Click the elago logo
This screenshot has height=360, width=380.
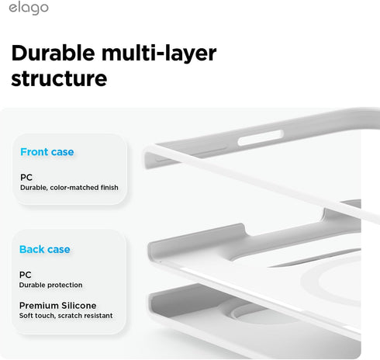point(29,8)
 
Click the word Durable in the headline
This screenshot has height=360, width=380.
point(54,53)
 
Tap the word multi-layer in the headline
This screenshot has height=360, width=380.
point(159,54)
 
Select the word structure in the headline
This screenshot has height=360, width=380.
point(59,78)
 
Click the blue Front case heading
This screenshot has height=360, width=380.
point(47,152)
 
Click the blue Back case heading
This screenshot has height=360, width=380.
point(45,249)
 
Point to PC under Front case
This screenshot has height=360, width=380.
point(26,178)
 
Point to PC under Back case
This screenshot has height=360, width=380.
point(26,275)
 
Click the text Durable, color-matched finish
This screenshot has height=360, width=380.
point(69,188)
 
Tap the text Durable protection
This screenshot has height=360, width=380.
point(50,285)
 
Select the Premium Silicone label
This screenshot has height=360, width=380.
point(57,306)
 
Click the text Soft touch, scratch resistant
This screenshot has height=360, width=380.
point(66,316)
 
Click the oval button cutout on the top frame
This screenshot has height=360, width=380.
point(261,138)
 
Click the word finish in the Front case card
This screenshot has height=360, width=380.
point(109,187)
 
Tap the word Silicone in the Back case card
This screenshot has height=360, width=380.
point(79,306)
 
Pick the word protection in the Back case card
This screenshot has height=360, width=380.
point(67,285)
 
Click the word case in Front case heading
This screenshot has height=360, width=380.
point(63,152)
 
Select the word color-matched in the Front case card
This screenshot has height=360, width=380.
point(74,187)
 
